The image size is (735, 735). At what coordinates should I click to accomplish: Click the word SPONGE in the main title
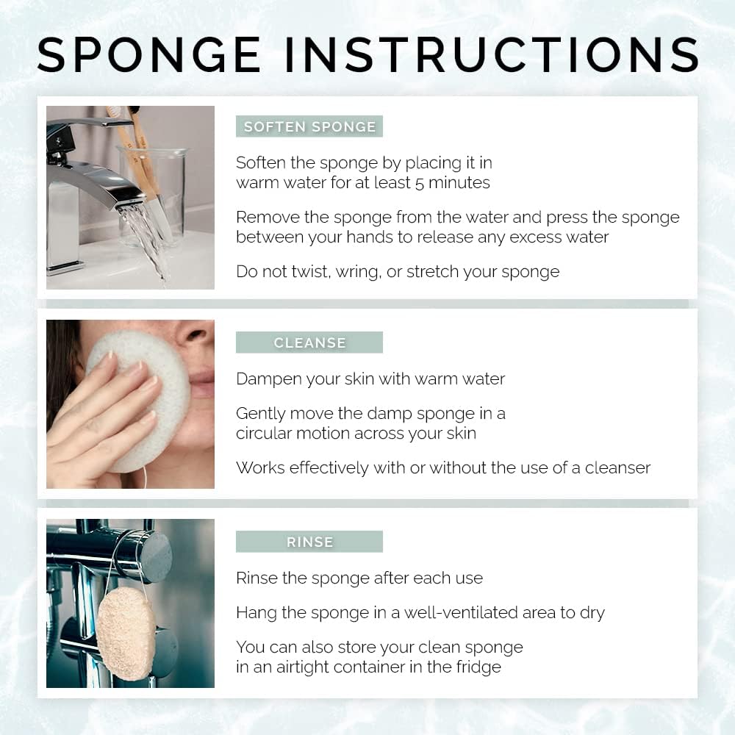(149, 54)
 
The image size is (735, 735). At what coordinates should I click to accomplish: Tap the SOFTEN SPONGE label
(309, 127)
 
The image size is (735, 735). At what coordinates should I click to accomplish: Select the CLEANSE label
(309, 343)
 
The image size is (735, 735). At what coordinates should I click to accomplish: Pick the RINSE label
(309, 542)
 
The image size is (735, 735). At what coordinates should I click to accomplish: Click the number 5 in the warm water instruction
(420, 183)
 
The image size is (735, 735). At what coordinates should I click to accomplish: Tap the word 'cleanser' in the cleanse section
(617, 467)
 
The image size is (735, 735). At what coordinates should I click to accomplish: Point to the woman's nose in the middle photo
(197, 334)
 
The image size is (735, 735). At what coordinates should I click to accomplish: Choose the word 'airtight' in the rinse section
(287, 667)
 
